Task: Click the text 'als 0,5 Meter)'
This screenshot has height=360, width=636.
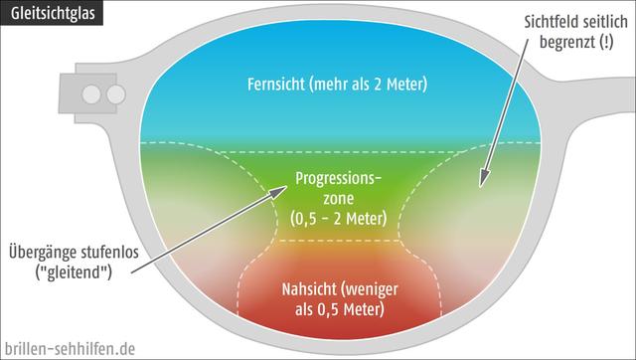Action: tap(338, 309)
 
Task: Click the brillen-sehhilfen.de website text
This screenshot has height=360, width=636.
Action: tap(69, 348)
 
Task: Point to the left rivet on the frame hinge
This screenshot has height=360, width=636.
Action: tap(91, 94)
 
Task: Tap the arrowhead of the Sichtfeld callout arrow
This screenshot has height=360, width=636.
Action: tap(484, 182)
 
